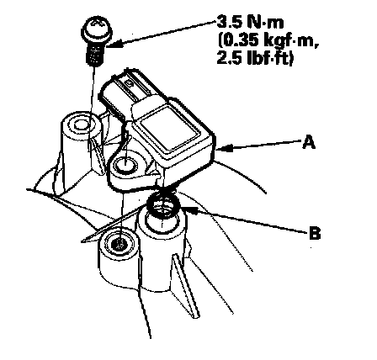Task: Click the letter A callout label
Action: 309,142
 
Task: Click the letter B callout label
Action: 315,233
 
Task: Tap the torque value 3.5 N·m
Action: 250,22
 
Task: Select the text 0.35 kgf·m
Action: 268,41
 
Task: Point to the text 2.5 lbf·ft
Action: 255,59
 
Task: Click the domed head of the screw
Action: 97,30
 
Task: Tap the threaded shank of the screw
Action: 96,55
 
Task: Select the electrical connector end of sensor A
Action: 125,91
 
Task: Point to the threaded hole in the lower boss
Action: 118,245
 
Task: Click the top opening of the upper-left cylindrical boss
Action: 81,124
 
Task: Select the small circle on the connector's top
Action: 130,83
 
